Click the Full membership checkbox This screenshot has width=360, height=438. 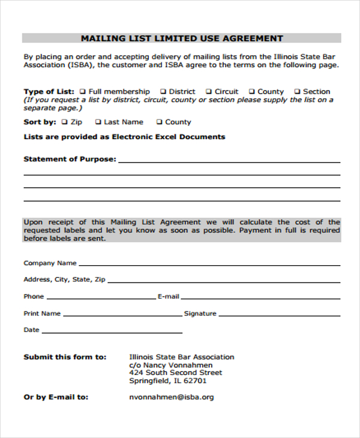point(82,92)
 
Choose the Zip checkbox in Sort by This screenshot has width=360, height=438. point(64,122)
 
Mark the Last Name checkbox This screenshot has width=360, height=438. point(98,122)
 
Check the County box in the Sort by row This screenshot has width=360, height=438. point(160,122)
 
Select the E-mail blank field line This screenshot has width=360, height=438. point(260,296)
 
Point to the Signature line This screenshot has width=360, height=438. point(279,313)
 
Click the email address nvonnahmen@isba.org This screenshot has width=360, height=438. point(171,397)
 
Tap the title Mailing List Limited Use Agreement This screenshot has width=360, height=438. point(182,38)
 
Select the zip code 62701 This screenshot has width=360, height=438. point(194,380)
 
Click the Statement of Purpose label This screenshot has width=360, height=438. point(70,159)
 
